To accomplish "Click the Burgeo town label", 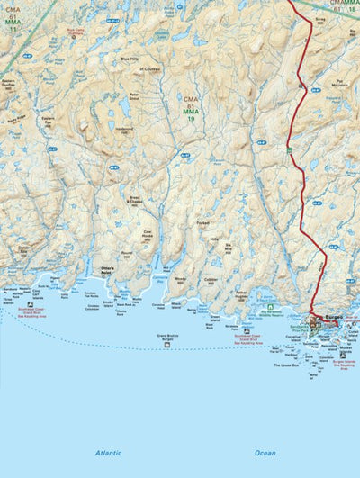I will [334, 318].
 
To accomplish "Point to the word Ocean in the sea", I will [265, 453].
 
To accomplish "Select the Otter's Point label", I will [111, 269].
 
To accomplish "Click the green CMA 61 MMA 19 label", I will [191, 108].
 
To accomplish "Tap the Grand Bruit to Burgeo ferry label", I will [168, 338].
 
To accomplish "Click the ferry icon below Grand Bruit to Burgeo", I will [168, 350].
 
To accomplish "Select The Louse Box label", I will [286, 365].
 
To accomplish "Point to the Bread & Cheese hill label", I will [135, 200].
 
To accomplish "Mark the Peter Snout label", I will [134, 95].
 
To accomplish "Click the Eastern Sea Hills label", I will [48, 119].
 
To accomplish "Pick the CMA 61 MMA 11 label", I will [13, 20].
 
